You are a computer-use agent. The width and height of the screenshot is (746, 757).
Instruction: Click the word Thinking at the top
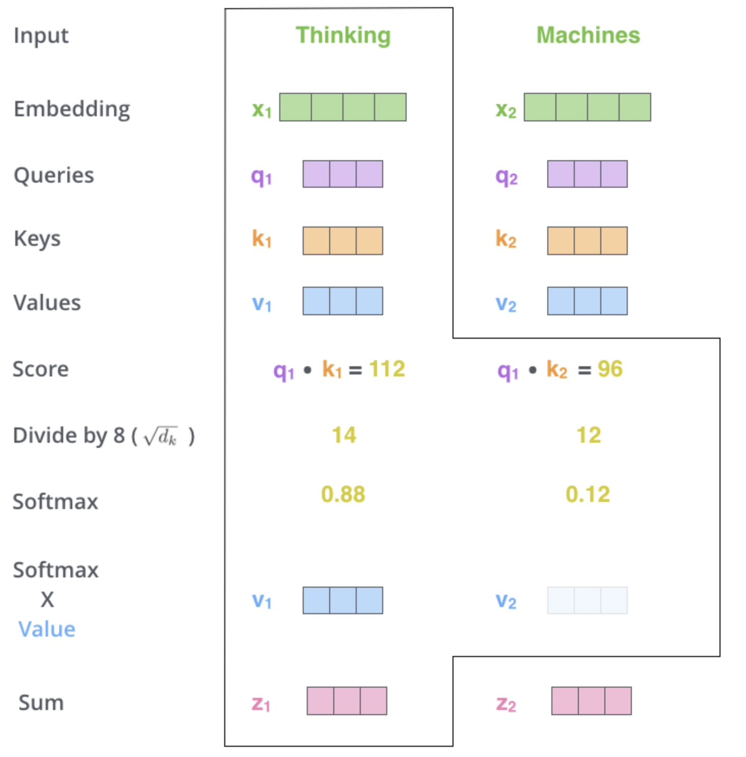click(x=343, y=36)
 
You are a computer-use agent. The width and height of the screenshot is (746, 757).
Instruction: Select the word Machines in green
click(x=588, y=35)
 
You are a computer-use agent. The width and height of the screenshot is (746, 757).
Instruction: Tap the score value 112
click(x=387, y=369)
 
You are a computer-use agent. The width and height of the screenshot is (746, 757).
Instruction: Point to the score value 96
click(x=610, y=369)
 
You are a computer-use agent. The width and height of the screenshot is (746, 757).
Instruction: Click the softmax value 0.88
click(x=343, y=494)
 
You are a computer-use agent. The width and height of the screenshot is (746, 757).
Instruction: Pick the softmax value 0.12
click(x=588, y=494)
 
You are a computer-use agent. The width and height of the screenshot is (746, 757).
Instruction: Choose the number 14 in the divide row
click(x=344, y=435)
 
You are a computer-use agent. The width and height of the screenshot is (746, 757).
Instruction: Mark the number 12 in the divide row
click(x=589, y=435)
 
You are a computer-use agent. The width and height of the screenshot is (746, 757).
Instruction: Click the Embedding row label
click(x=72, y=109)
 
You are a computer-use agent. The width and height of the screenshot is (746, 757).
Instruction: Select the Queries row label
click(x=54, y=175)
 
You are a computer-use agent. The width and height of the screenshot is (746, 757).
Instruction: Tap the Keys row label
click(x=37, y=239)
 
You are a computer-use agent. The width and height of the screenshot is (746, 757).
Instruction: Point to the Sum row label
click(x=41, y=702)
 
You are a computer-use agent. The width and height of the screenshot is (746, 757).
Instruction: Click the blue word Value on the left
click(x=47, y=629)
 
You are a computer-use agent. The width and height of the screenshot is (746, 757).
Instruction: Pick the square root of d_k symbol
click(x=161, y=437)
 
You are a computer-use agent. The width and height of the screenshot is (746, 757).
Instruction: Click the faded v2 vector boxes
click(x=587, y=600)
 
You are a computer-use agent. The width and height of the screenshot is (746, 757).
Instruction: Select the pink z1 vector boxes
click(x=347, y=701)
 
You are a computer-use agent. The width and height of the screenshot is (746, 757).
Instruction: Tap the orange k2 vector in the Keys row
click(x=587, y=241)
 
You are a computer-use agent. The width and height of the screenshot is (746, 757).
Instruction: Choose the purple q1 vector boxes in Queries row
click(x=342, y=174)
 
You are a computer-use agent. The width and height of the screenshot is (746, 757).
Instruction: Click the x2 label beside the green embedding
click(x=506, y=110)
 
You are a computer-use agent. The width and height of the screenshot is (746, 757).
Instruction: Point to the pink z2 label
click(x=506, y=704)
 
